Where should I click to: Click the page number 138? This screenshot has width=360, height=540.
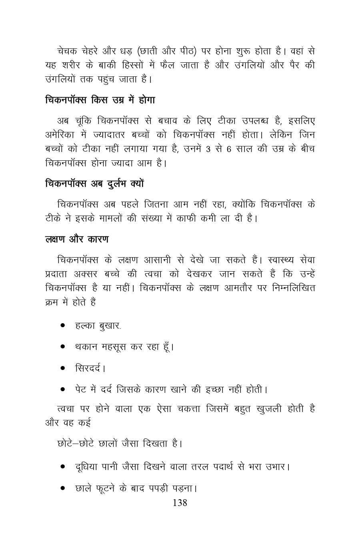(x=180, y=503)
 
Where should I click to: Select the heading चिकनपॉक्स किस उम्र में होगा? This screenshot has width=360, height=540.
(x=100, y=100)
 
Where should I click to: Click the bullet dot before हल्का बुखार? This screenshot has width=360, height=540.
(x=63, y=326)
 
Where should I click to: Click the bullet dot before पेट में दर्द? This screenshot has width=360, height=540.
(x=63, y=388)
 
